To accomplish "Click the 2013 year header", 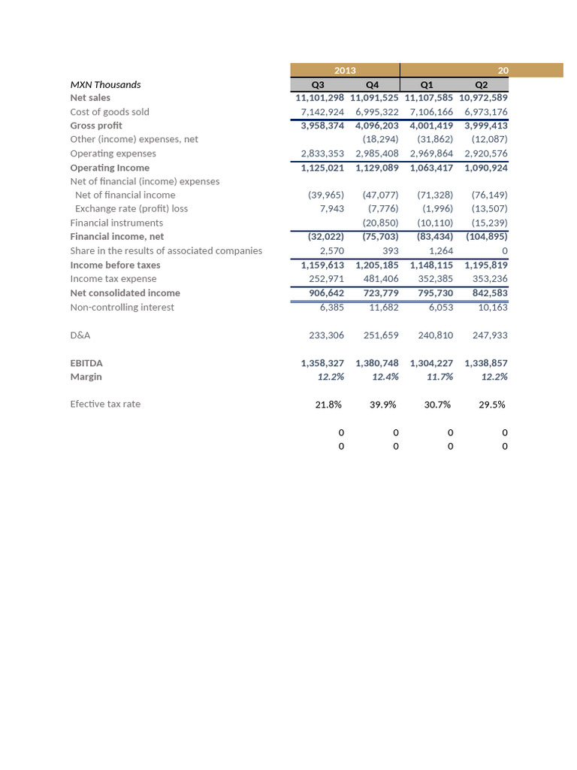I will click(x=345, y=70).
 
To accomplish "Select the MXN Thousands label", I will click(x=105, y=84).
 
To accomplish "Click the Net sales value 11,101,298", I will click(x=320, y=98).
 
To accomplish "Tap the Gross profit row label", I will click(x=96, y=126).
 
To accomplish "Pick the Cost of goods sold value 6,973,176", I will click(x=483, y=112).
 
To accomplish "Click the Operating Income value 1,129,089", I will click(x=376, y=168).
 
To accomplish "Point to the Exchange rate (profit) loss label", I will click(x=131, y=208).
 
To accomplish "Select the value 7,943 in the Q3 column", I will click(x=331, y=208).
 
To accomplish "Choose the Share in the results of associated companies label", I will click(x=166, y=250).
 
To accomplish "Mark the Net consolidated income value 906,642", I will click(x=322, y=293).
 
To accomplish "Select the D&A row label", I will click(x=80, y=335).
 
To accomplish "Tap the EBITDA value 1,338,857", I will click(x=485, y=362).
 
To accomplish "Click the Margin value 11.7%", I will click(x=439, y=377).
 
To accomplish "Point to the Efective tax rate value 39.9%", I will click(x=383, y=404).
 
